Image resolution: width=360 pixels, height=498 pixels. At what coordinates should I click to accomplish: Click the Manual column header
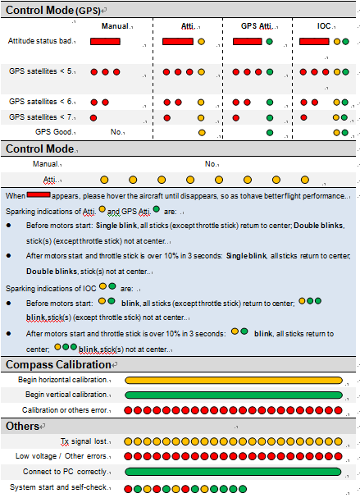coord(115,26)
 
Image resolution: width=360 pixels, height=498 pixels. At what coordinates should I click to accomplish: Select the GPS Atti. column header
coord(257,26)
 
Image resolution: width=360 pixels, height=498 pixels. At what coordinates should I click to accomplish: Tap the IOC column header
coord(324,26)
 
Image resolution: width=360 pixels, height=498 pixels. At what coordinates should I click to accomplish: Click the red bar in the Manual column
coord(105,42)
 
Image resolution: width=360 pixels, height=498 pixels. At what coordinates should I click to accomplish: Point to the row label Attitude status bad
coord(40,41)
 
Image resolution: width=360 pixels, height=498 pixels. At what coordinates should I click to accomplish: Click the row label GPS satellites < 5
coord(41,71)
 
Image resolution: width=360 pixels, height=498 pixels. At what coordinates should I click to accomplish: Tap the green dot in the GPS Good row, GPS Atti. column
coord(270,132)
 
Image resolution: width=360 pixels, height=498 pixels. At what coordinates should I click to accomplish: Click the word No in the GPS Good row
coord(116,132)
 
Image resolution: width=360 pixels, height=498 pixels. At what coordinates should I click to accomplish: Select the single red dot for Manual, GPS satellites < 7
coord(93,118)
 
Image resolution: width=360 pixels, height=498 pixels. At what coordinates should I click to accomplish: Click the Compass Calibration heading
coord(58,364)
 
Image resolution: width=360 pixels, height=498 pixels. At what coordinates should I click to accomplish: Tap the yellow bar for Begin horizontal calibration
coord(234,380)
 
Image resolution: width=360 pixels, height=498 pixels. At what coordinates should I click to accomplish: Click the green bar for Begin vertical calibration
coord(234,395)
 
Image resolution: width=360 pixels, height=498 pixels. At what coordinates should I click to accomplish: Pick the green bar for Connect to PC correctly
coord(233,472)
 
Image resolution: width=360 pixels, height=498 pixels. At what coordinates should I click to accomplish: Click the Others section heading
coord(22,427)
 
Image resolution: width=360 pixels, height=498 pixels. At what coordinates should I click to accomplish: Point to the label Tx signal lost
coord(84,441)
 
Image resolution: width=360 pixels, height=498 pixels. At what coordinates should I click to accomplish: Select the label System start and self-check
coord(58,487)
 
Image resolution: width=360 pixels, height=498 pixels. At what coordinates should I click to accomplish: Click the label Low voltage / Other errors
coord(61,456)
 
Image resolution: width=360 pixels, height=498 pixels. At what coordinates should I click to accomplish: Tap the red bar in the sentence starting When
coord(39,194)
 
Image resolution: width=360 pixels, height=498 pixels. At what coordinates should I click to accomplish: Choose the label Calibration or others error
coord(65,410)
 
